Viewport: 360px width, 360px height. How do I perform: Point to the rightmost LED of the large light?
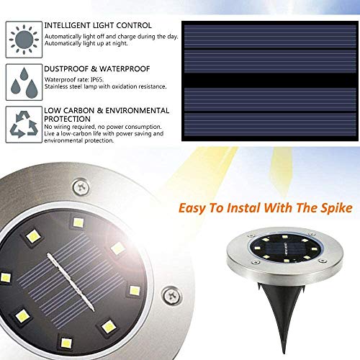click(133, 291)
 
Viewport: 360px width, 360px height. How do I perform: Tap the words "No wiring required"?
click(68, 127)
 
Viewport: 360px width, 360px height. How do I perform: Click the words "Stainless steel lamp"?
click(73, 86)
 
